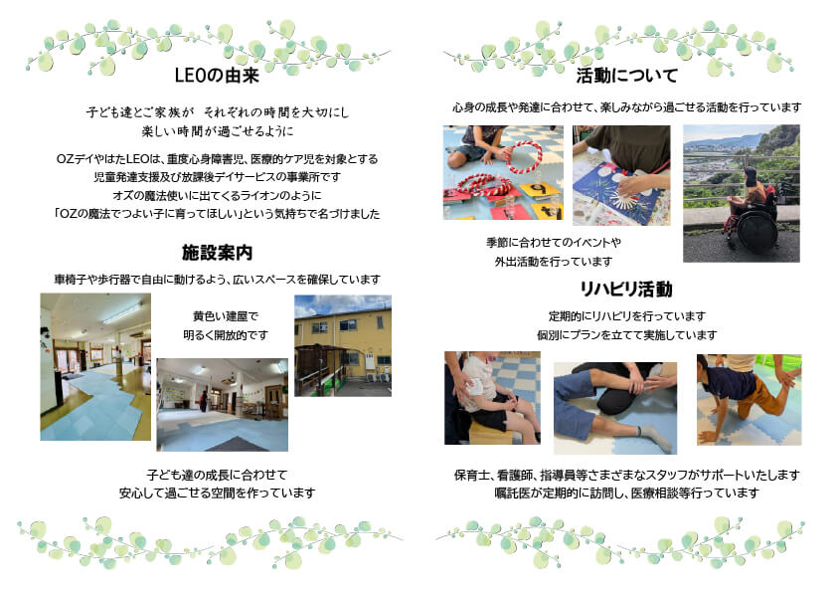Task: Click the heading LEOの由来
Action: (217, 75)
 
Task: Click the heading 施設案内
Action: (217, 252)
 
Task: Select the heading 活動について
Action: (626, 76)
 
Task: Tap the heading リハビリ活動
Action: (626, 289)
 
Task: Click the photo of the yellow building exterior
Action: (343, 345)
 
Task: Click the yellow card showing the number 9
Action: (539, 189)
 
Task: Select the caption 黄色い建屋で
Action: (226, 316)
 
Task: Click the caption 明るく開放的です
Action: (226, 335)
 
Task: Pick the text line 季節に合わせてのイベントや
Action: (554, 243)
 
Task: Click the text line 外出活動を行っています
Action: (554, 262)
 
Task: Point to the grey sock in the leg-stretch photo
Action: (657, 436)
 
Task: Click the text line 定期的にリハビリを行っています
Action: (627, 316)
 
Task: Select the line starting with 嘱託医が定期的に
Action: (626, 494)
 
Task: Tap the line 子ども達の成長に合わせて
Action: (217, 475)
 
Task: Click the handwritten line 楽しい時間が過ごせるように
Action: (218, 131)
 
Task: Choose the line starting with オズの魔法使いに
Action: (217, 195)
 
